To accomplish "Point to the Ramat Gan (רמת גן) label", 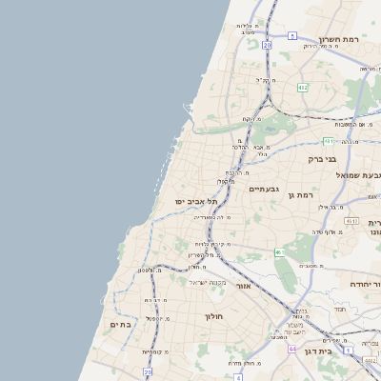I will [300, 194].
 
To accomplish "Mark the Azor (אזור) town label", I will [243, 286].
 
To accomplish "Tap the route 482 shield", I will [302, 87].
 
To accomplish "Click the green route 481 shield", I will [329, 141].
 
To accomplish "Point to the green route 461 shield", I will [279, 252].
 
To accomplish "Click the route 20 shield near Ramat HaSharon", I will [268, 45].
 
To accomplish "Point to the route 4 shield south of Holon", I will [239, 376].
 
